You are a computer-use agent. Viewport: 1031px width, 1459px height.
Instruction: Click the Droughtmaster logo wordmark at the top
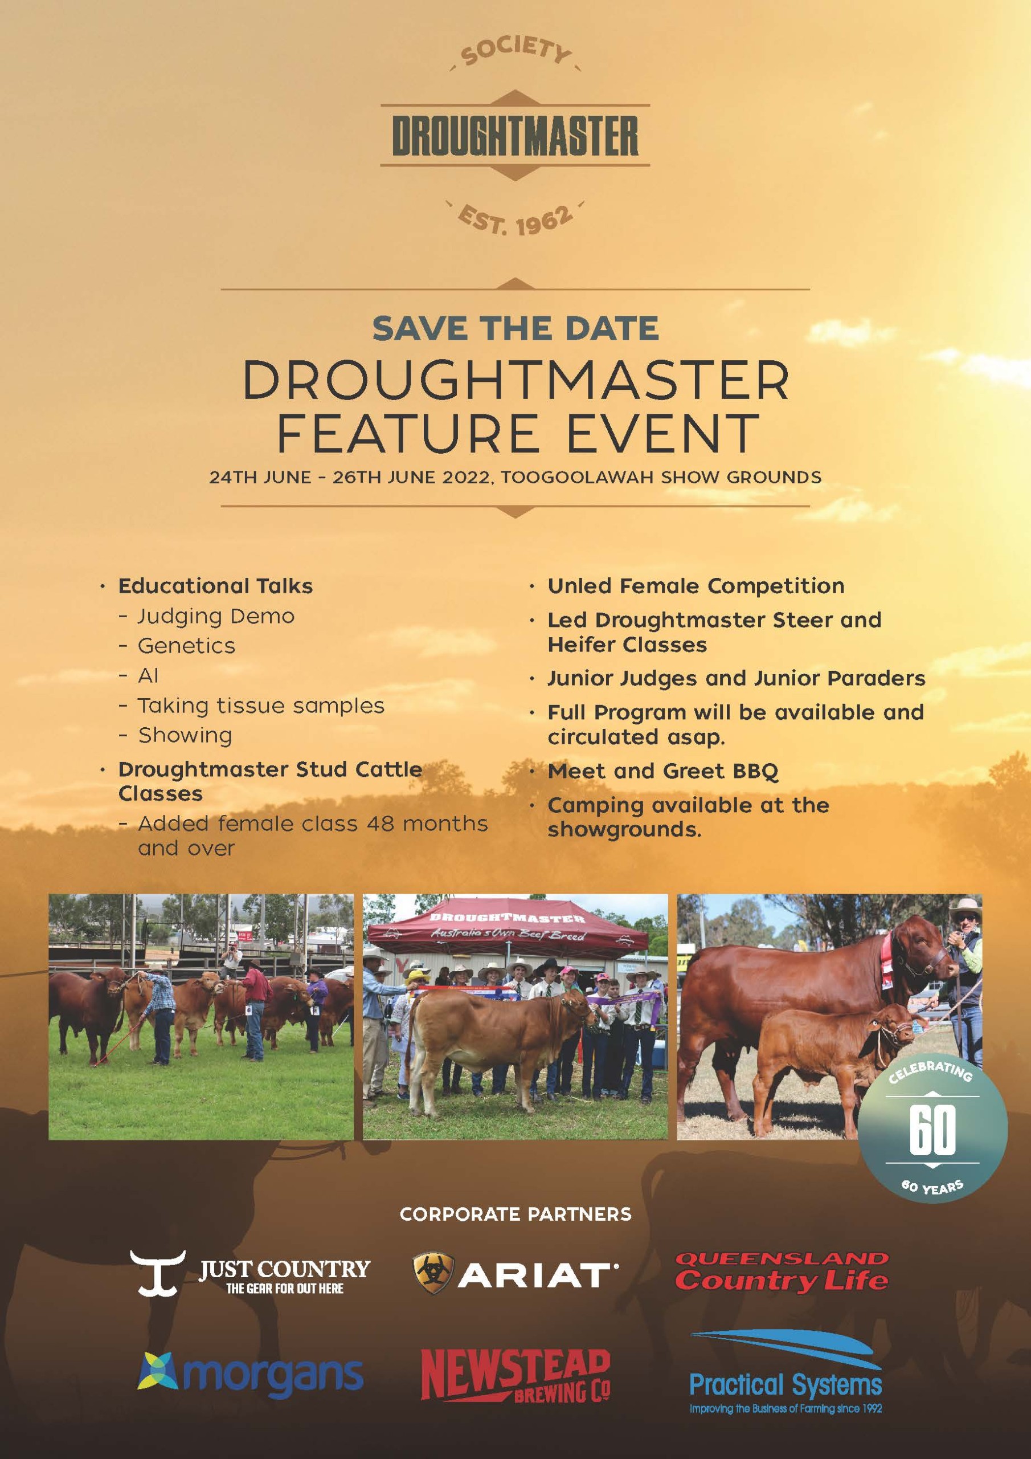(x=515, y=135)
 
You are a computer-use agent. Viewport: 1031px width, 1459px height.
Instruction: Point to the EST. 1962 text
(x=515, y=219)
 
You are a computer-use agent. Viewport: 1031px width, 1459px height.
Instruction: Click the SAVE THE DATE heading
(x=515, y=328)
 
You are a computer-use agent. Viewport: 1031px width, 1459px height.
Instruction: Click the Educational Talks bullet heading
(x=215, y=585)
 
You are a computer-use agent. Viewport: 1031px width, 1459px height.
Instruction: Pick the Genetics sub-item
(x=186, y=646)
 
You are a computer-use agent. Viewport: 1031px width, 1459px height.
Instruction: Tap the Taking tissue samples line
(x=261, y=706)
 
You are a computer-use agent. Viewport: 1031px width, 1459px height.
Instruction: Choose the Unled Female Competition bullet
(x=696, y=585)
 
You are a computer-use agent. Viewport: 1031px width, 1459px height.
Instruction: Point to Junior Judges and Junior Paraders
(x=737, y=678)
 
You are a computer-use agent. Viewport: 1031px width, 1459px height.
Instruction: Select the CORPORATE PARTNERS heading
(x=515, y=1215)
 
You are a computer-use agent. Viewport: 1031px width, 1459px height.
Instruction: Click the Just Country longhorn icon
(x=158, y=1273)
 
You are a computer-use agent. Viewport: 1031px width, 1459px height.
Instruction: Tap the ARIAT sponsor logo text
(x=537, y=1274)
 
